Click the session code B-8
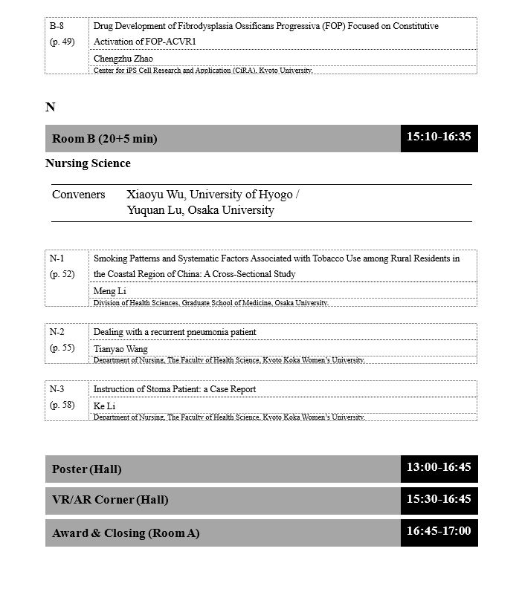(x=57, y=26)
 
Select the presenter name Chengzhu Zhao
(x=123, y=59)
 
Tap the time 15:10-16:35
(x=439, y=137)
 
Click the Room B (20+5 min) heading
(x=105, y=139)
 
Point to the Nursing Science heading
(x=88, y=163)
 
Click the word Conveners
(x=79, y=195)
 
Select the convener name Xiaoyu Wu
(x=156, y=195)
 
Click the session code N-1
(x=57, y=258)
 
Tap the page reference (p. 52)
(x=62, y=274)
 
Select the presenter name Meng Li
(x=110, y=291)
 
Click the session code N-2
(x=57, y=332)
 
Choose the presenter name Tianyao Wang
(x=120, y=349)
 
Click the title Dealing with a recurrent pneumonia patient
(x=175, y=332)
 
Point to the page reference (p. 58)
(x=62, y=405)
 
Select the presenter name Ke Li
(x=105, y=406)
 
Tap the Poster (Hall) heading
(x=87, y=469)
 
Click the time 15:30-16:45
(x=439, y=499)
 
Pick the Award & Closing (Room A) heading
(x=126, y=533)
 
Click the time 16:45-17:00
(x=439, y=532)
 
